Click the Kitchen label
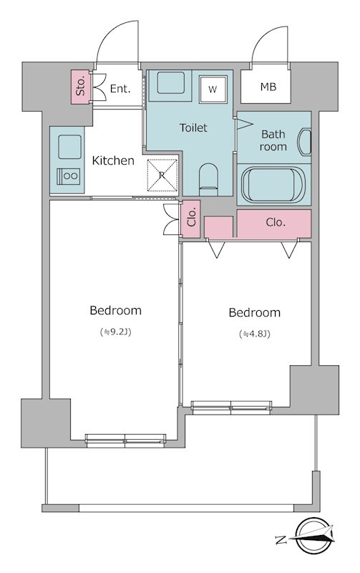tap(113, 160)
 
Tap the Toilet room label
tap(193, 127)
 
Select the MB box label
tap(268, 87)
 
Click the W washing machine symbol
tap(213, 89)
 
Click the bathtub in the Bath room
tap(274, 184)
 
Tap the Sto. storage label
tap(80, 87)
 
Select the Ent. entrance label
tap(120, 88)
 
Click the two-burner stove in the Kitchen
tap(68, 175)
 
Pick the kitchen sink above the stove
tap(69, 147)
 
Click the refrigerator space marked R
tap(162, 175)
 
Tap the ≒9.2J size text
tap(115, 332)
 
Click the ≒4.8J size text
tap(255, 334)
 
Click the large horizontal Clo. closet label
tap(276, 222)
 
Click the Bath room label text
tap(273, 140)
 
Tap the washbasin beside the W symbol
tap(171, 83)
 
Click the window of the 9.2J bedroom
tap(125, 440)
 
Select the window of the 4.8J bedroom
tap(231, 407)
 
